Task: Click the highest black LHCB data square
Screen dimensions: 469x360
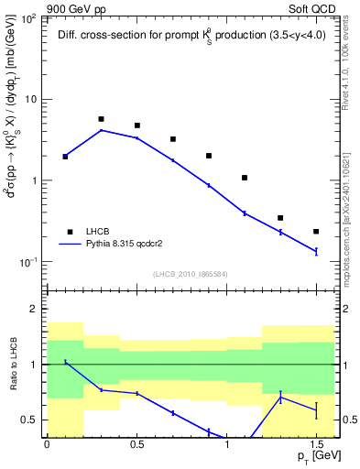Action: (101, 119)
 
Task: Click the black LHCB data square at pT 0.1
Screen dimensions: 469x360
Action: (65, 157)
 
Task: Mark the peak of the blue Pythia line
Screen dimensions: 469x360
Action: (101, 130)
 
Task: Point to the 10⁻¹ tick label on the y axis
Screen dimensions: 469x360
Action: (29, 262)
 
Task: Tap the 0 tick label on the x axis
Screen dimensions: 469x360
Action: (47, 444)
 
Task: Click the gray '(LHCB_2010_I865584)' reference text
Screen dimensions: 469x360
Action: (191, 274)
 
